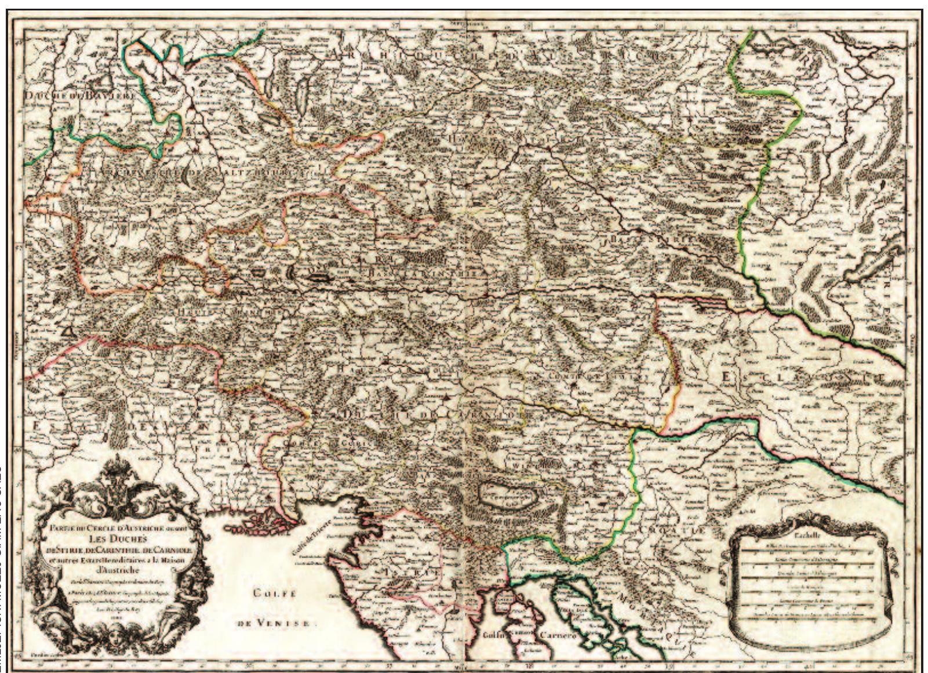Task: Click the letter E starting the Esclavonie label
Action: (726, 378)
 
